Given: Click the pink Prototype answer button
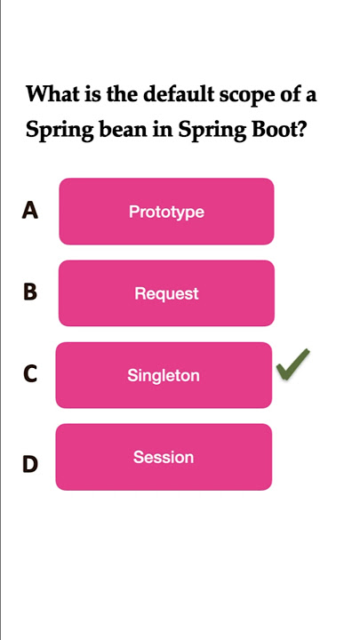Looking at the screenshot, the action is coord(166,212).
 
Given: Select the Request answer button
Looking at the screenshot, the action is coord(166,293).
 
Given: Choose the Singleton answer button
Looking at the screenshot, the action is coord(164,375).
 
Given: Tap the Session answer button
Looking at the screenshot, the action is coord(164,457).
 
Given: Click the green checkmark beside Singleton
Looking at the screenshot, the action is coord(292,364).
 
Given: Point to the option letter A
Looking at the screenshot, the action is coord(30,211).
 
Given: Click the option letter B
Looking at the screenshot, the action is coord(30,292).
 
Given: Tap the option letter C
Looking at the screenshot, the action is coord(30,374).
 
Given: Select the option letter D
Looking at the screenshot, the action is coord(30,465).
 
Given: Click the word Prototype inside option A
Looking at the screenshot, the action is coord(166,212).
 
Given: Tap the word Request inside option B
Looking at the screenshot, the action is coord(166,294).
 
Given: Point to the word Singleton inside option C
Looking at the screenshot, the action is coord(164,376).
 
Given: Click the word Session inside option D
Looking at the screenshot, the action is coord(164,457).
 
